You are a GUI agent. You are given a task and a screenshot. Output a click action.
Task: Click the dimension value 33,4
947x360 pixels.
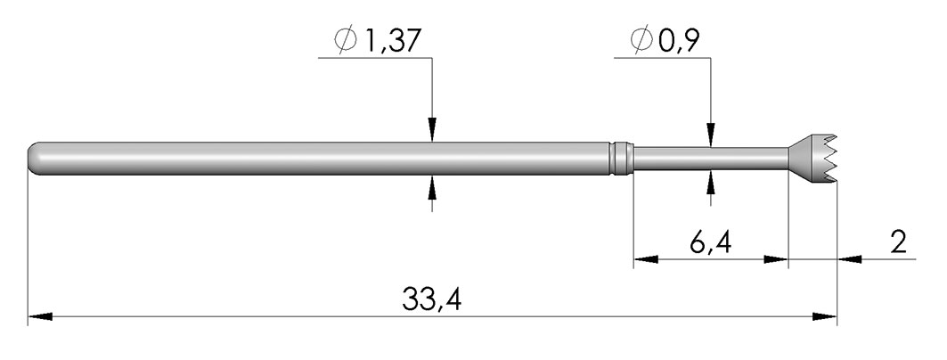coord(431,299)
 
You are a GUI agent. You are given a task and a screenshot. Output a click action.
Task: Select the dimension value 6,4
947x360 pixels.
coord(710,243)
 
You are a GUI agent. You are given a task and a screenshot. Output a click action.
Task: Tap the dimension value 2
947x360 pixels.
coord(899,242)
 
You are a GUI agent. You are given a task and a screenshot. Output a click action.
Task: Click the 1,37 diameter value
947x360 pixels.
coord(389,41)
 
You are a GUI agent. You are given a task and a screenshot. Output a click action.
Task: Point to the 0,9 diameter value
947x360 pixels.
coord(680,41)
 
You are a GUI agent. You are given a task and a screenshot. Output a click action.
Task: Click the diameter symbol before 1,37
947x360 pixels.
coord(346,40)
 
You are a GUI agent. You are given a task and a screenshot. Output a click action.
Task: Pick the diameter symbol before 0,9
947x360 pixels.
coord(642,40)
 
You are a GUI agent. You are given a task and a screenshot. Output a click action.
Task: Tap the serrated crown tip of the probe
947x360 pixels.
coord(813,159)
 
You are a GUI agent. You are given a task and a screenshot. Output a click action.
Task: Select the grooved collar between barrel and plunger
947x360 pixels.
coord(621,159)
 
